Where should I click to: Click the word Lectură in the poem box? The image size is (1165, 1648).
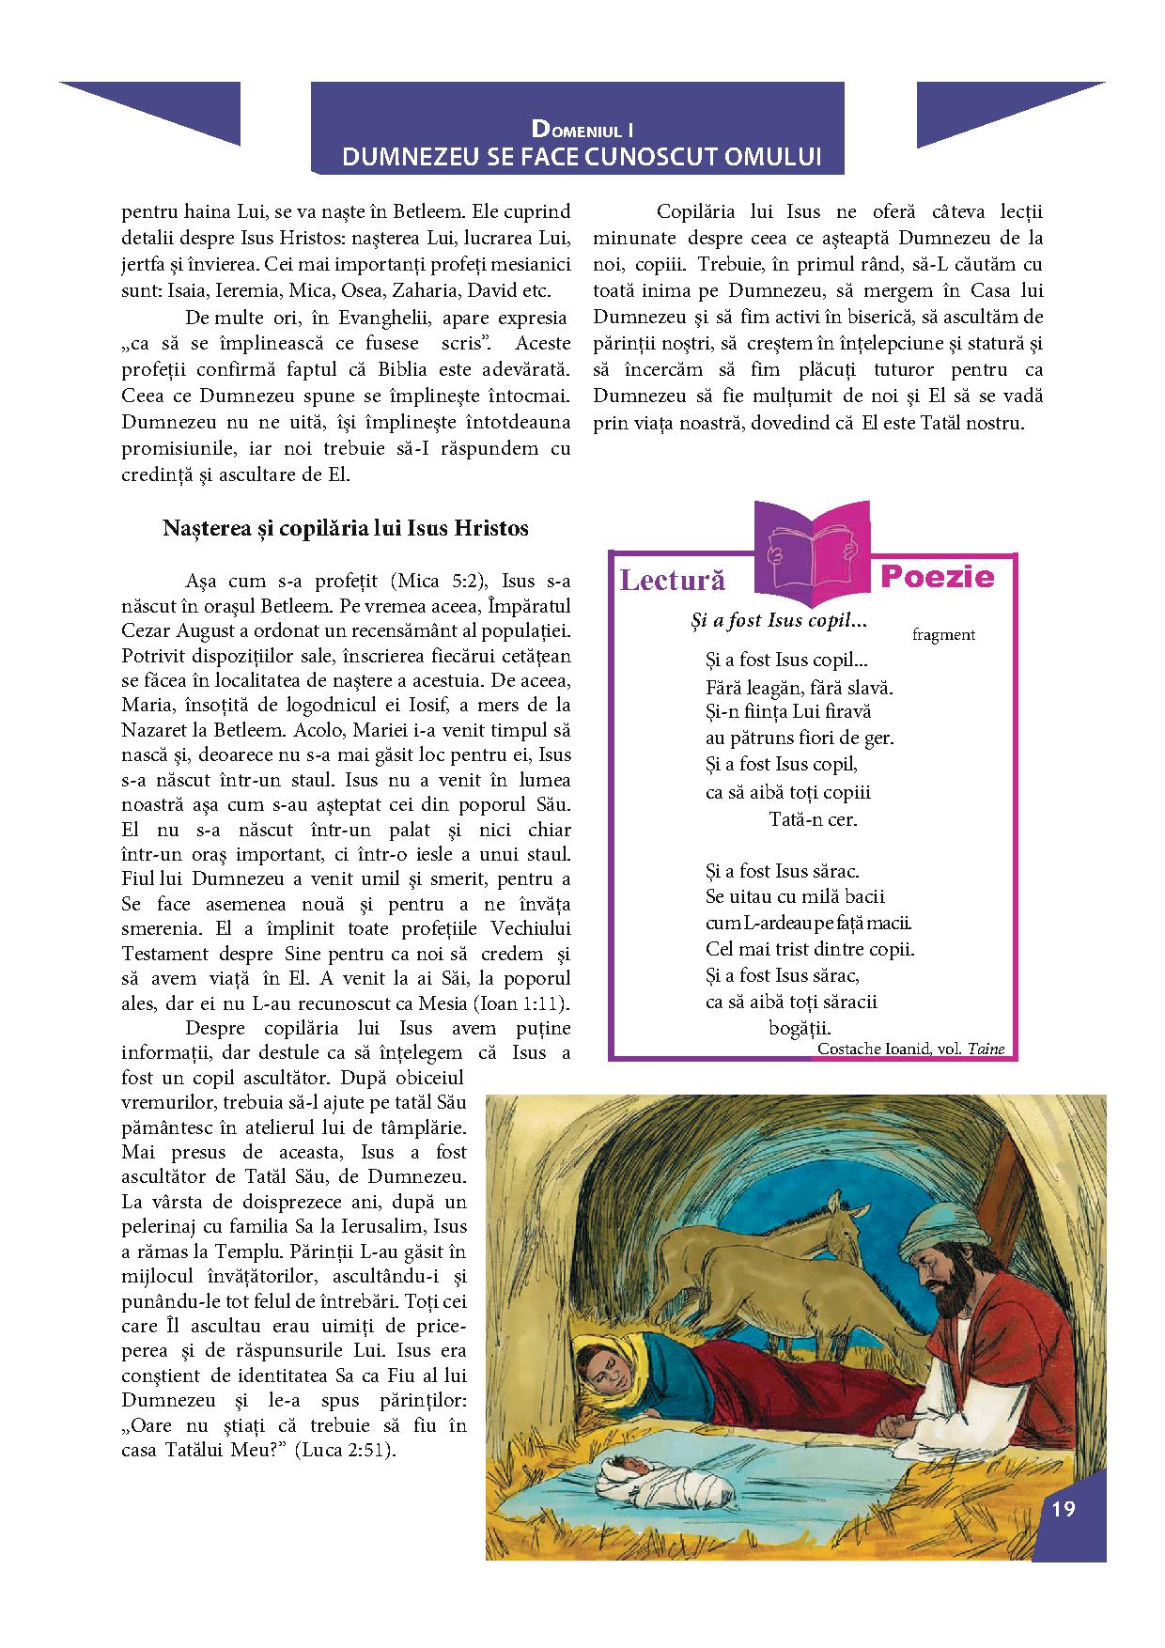(673, 580)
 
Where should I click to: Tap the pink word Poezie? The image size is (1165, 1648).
(937, 576)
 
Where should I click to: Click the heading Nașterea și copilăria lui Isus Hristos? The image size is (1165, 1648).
(346, 528)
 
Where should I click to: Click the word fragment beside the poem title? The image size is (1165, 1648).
(943, 634)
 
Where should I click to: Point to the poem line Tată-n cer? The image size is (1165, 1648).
(814, 818)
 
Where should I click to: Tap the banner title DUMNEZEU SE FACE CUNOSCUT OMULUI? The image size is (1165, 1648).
(582, 156)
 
